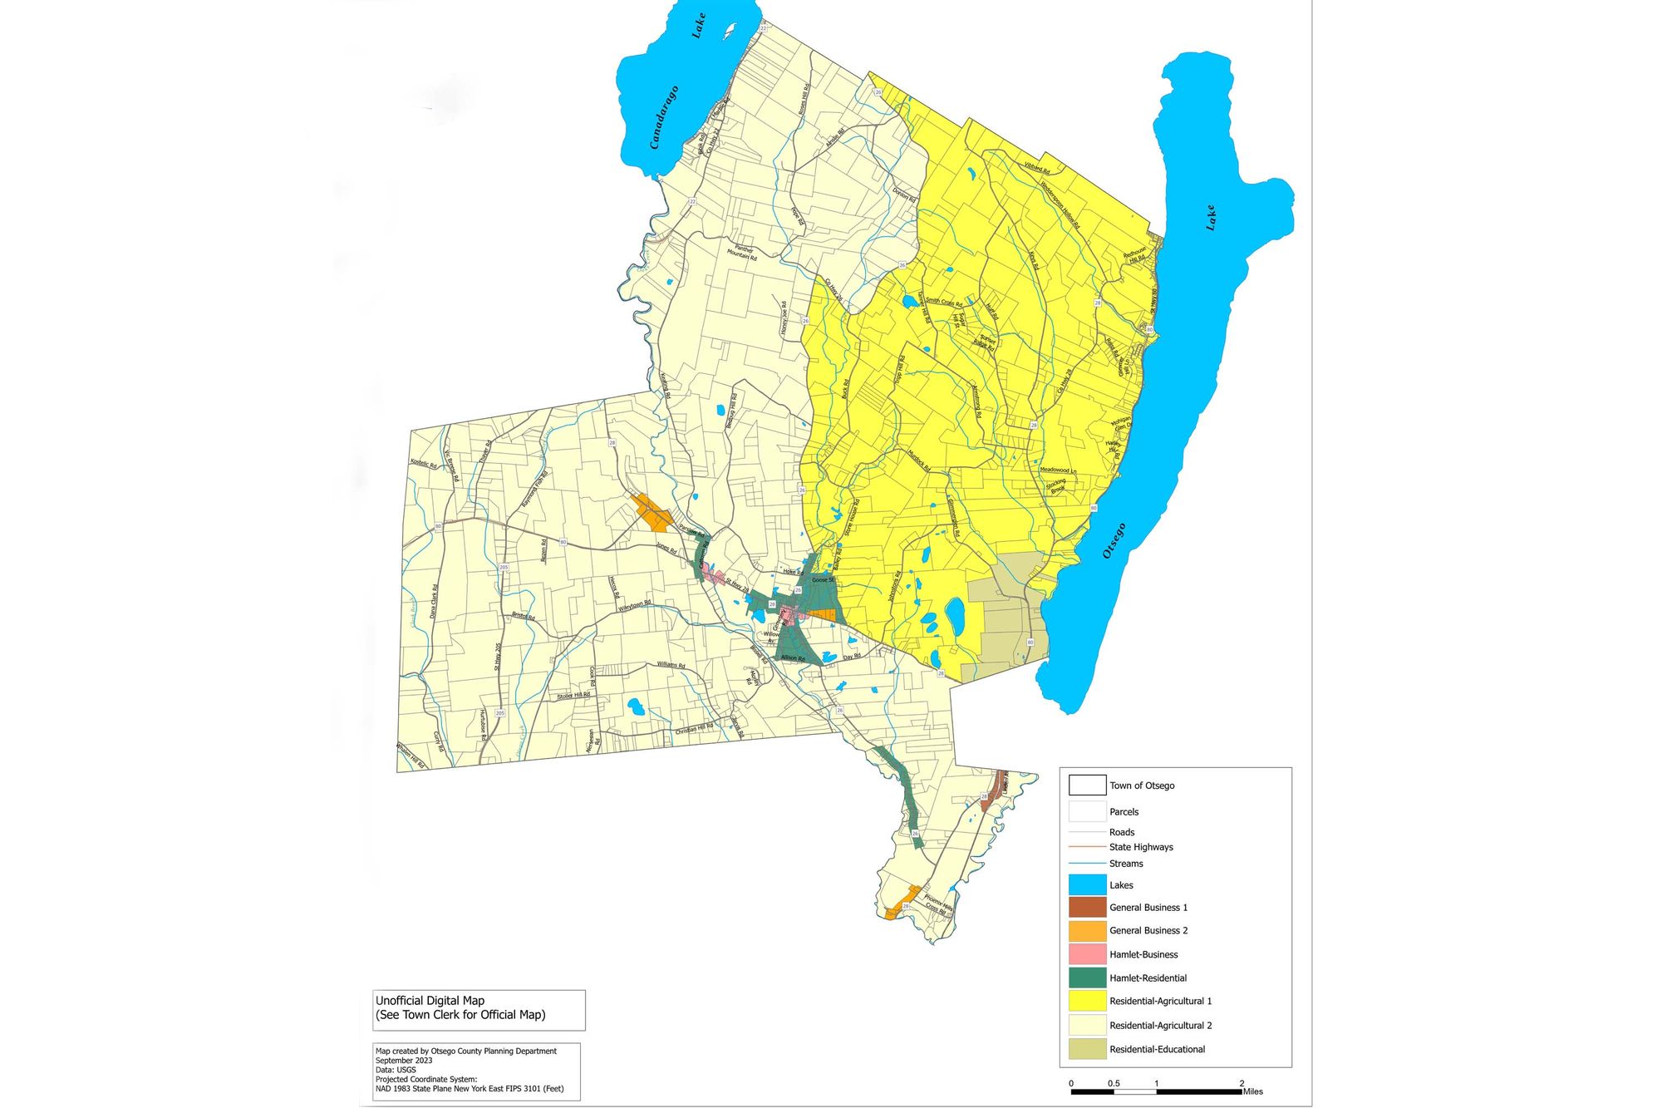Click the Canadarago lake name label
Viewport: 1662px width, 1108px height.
tap(665, 117)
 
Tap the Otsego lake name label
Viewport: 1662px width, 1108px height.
tap(1114, 541)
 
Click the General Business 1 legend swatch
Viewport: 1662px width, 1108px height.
tap(1087, 907)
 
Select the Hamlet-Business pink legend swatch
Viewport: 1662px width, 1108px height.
tap(1087, 954)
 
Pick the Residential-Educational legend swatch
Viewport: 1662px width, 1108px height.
tap(1087, 1049)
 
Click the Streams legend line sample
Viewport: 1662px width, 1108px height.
tap(1087, 864)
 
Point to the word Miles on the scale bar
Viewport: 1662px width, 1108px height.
tap(1252, 1091)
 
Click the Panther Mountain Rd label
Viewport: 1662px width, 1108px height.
tap(742, 254)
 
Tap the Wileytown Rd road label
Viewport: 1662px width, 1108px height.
tap(635, 607)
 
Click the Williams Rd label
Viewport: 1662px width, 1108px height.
tap(671, 665)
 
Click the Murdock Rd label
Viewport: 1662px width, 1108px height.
tap(919, 461)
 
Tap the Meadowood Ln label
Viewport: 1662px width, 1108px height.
tap(1058, 470)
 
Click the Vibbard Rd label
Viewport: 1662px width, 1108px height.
tap(1036, 167)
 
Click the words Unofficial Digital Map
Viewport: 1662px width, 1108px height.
tap(430, 1001)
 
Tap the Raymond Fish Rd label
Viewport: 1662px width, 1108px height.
tap(535, 490)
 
